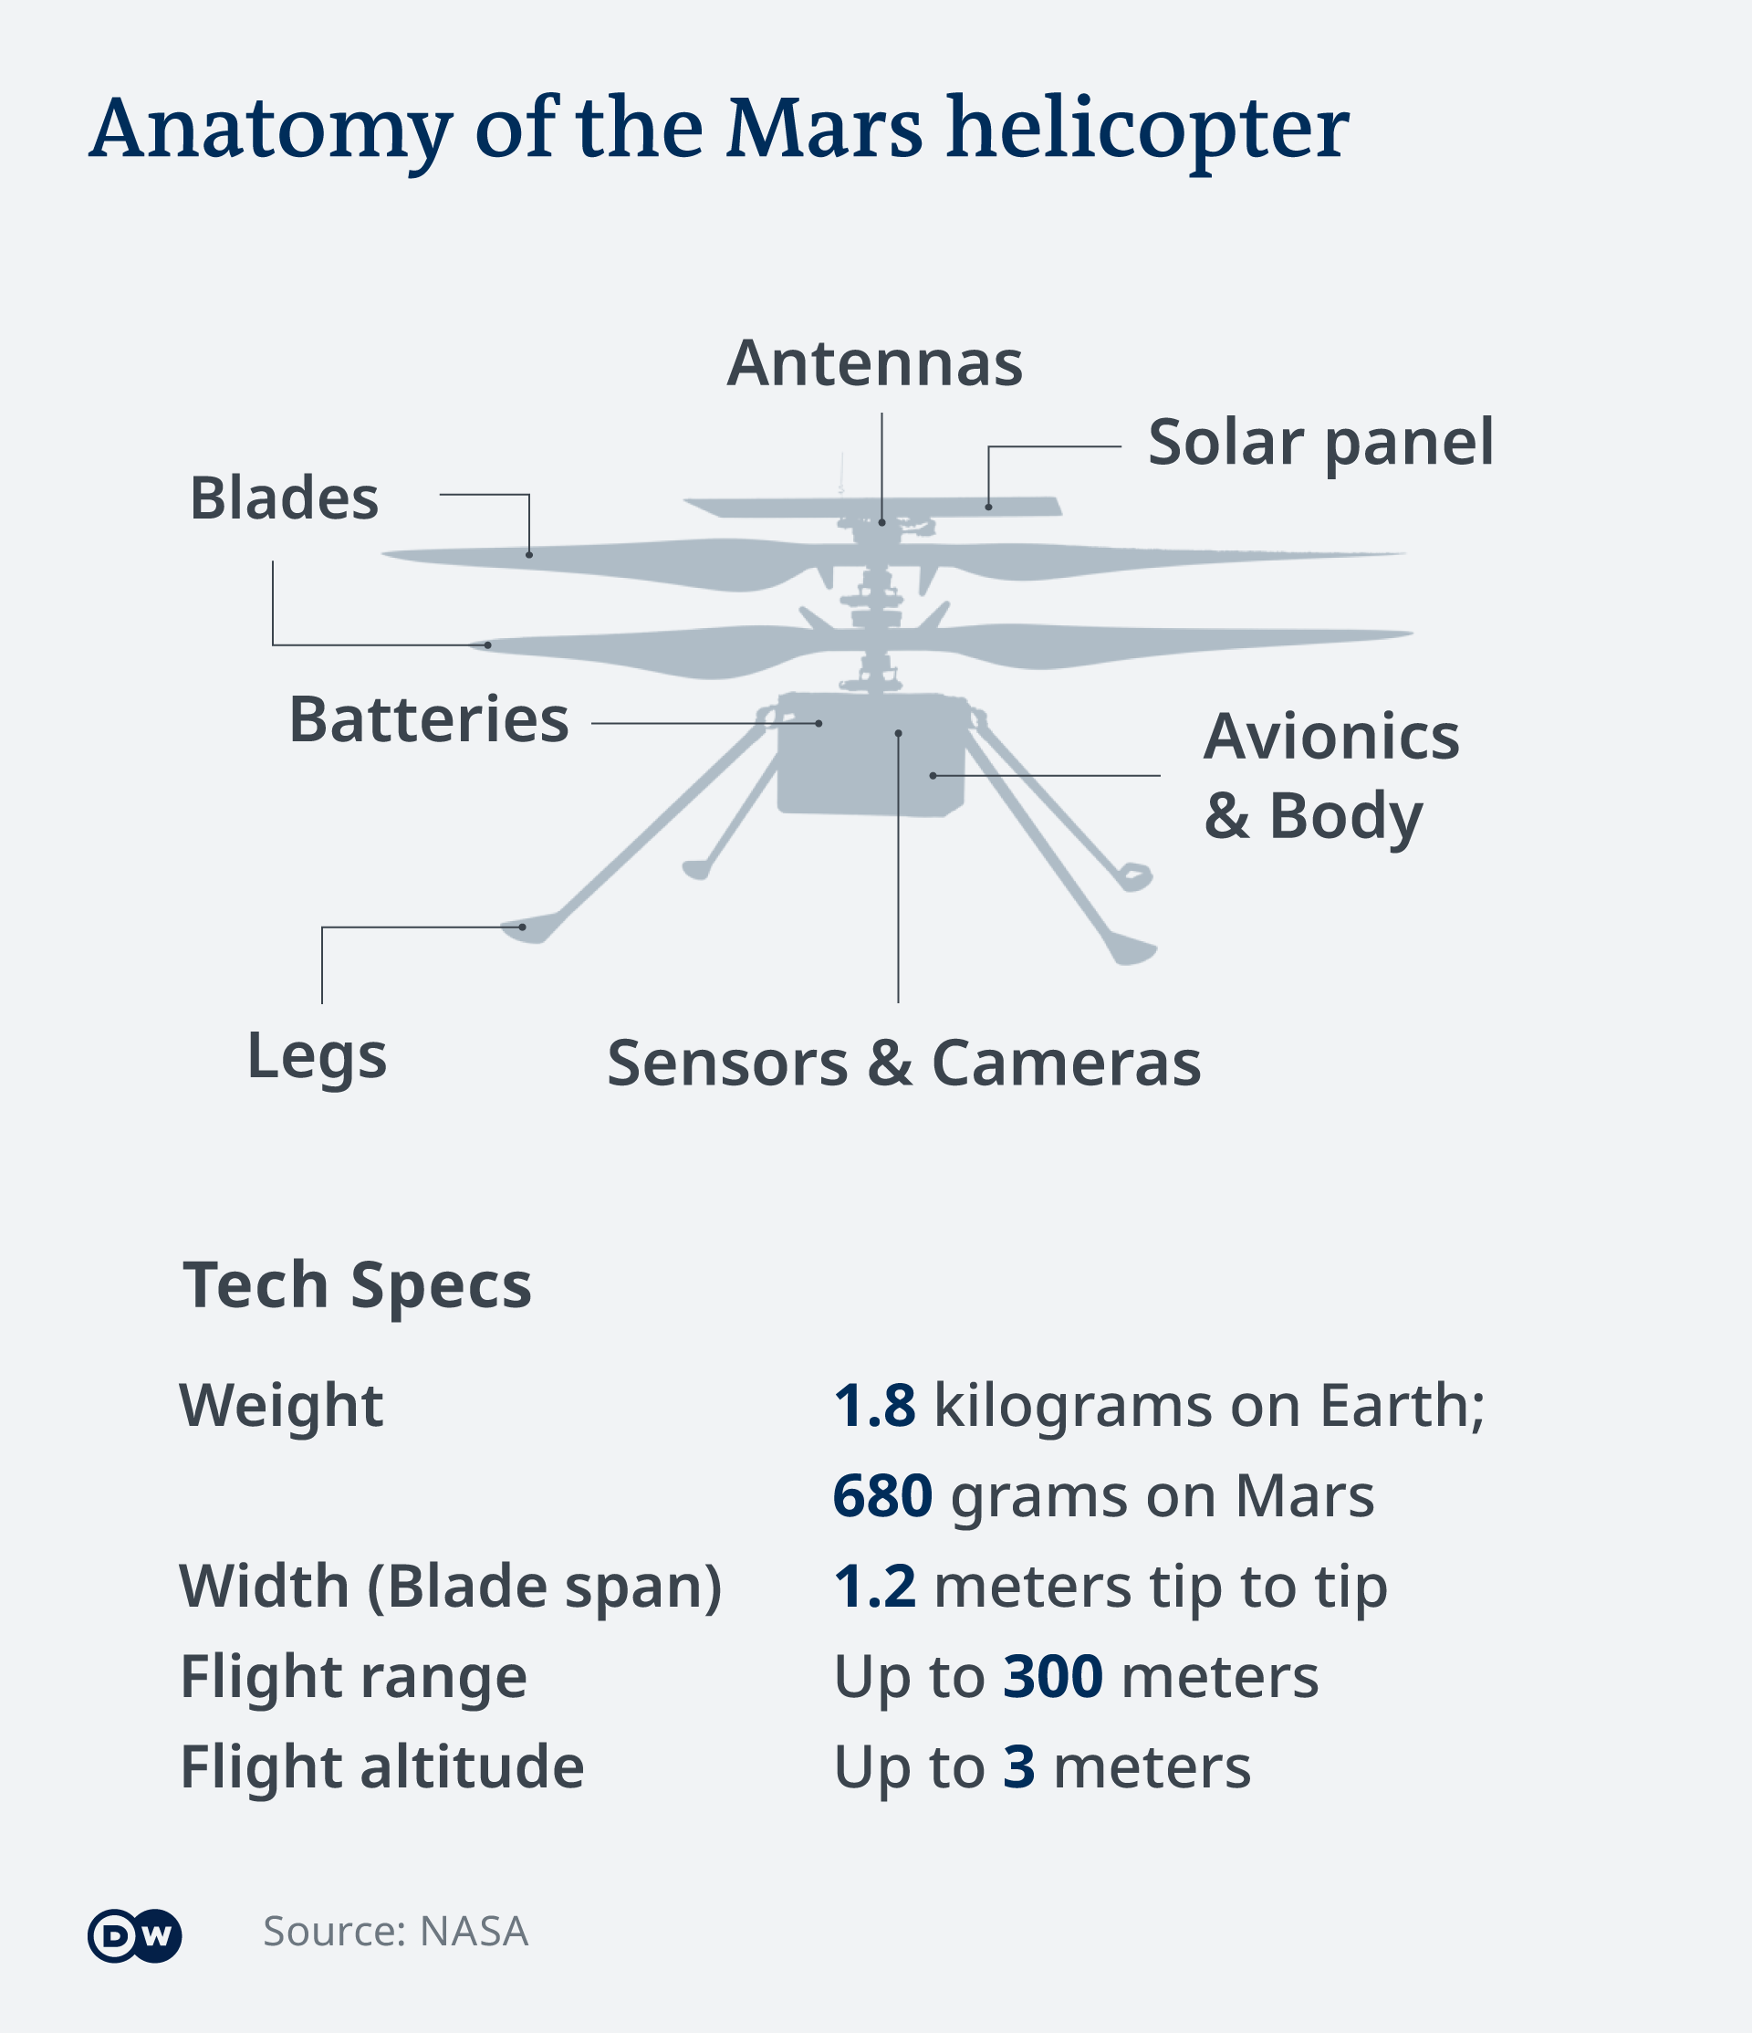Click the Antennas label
pyautogui.click(x=874, y=364)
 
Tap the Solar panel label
pyautogui.click(x=1320, y=444)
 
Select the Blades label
pyautogui.click(x=285, y=498)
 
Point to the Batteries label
pyautogui.click(x=429, y=719)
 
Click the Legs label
pyautogui.click(x=317, y=1058)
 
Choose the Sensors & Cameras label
pyautogui.click(x=903, y=1063)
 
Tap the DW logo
pyautogui.click(x=134, y=1936)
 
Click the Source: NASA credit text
pyautogui.click(x=395, y=1932)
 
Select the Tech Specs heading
pyautogui.click(x=357, y=1286)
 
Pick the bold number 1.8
pyautogui.click(x=875, y=1405)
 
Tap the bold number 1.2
pyautogui.click(x=875, y=1586)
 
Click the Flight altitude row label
pyautogui.click(x=382, y=1767)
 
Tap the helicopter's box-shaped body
pyautogui.click(x=872, y=753)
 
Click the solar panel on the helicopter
pyautogui.click(x=873, y=507)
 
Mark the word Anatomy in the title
pyautogui.click(x=271, y=131)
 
